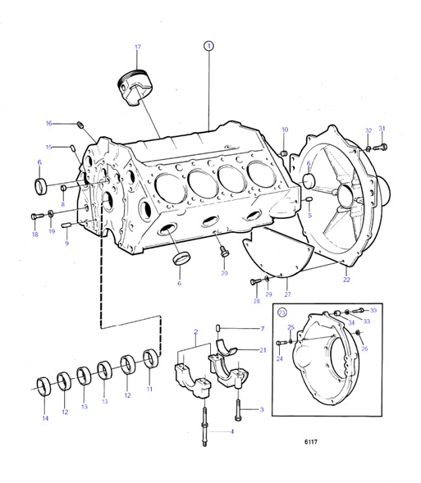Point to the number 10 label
285,130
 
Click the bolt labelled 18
35,216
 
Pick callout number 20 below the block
224,272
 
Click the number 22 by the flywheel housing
346,280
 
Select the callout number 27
287,294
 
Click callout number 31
381,129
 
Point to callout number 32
368,130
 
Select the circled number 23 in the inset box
283,312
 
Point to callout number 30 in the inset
373,311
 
